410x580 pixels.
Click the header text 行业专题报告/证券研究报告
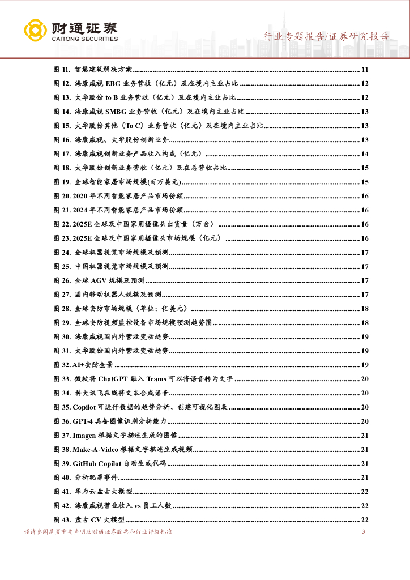327,37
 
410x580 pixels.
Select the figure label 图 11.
61,70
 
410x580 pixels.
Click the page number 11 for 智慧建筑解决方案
365,70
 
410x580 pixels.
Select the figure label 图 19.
61,182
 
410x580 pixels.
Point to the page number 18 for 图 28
365,309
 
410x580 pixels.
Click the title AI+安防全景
93,365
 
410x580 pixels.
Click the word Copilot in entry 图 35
85,407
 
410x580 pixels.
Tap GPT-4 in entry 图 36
82,421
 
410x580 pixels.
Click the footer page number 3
363,532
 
